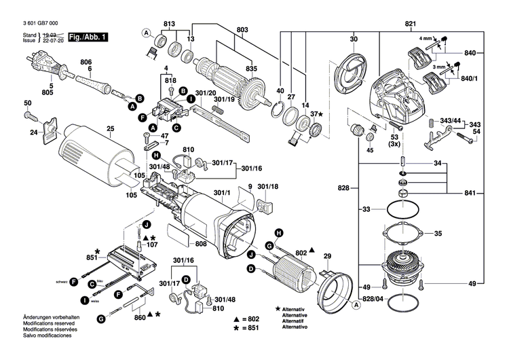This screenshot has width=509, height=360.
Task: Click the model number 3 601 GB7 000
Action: [41, 24]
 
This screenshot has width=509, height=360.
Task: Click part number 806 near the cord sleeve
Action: [86, 62]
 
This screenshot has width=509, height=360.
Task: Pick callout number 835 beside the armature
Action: [252, 69]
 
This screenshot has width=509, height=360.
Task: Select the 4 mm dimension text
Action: [426, 38]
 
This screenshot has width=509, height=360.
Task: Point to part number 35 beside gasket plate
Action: [438, 234]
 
